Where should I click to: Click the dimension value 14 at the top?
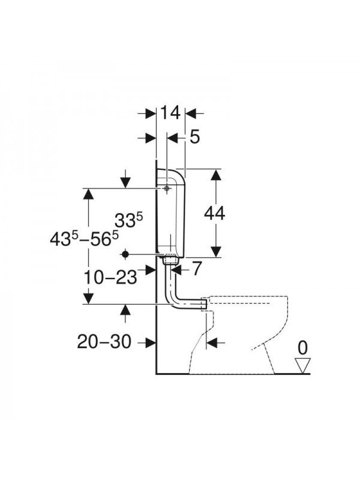170,113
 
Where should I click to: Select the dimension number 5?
194,137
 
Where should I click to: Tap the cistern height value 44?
215,213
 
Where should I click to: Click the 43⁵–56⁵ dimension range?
84,238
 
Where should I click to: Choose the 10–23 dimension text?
110,278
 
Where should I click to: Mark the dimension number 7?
197,268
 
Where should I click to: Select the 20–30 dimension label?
104,341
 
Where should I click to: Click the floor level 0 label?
302,348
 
